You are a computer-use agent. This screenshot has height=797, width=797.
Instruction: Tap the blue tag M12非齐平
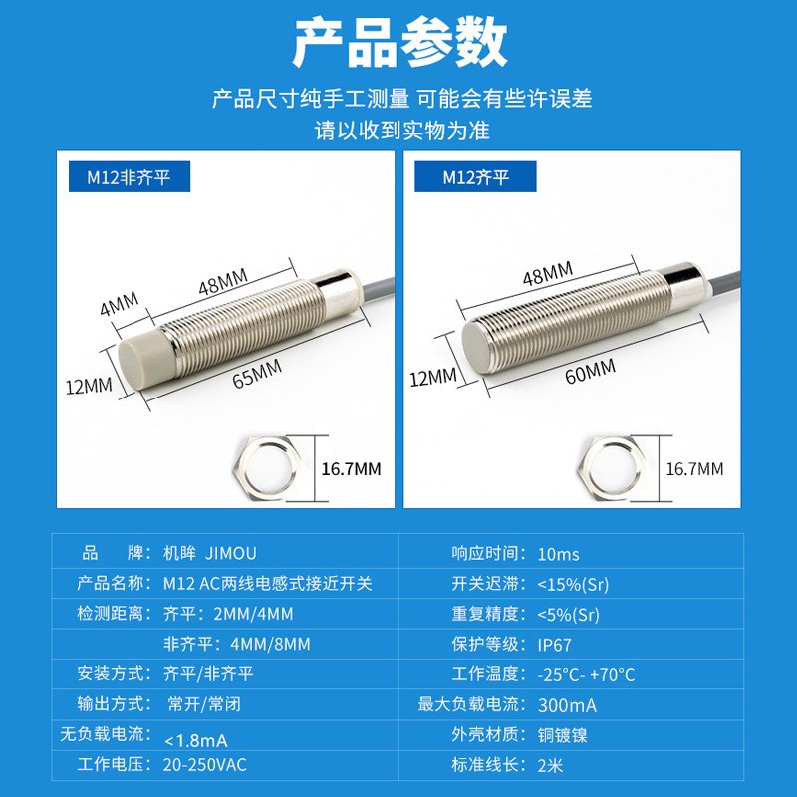click(x=129, y=178)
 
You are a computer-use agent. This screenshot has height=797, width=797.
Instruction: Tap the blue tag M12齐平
click(x=476, y=178)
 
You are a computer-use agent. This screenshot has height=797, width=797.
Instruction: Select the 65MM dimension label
click(x=257, y=376)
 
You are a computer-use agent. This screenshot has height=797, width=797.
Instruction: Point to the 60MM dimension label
click(x=590, y=372)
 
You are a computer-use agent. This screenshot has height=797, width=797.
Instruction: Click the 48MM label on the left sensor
click(x=222, y=284)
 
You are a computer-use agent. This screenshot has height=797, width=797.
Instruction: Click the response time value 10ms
click(x=557, y=554)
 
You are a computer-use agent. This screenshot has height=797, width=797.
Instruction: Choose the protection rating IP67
click(x=554, y=645)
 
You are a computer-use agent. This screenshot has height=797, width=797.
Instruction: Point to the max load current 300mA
click(x=567, y=705)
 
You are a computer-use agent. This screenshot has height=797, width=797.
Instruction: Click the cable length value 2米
click(x=549, y=765)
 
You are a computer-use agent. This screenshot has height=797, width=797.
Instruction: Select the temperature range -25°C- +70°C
click(x=586, y=674)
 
